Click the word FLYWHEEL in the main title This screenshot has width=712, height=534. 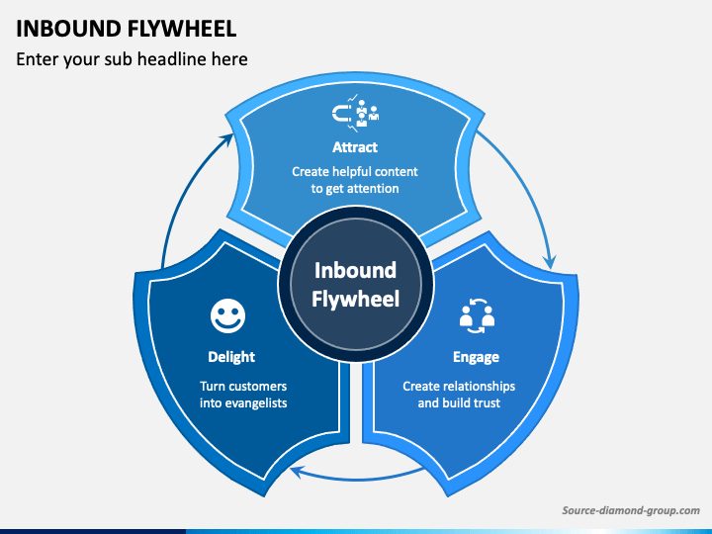[182, 29]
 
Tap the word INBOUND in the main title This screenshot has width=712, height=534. [68, 29]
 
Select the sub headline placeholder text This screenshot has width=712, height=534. [132, 59]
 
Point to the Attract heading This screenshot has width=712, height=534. [355, 147]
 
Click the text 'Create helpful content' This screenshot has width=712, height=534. [355, 172]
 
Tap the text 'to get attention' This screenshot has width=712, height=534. [355, 189]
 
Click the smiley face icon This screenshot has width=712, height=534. [228, 315]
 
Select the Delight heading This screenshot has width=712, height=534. [231, 357]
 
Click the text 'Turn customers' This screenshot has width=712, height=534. [243, 387]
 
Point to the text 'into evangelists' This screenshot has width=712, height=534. [243, 403]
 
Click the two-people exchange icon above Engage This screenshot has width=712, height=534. [477, 316]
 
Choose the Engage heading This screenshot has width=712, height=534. [477, 357]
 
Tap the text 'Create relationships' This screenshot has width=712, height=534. [459, 387]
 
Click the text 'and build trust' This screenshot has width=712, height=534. [459, 403]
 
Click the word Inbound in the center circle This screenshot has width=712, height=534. [356, 270]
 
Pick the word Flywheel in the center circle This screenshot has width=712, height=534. [356, 300]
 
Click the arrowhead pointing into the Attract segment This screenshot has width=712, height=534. [228, 138]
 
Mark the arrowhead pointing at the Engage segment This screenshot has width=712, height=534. [550, 262]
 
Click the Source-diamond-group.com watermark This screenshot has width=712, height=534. [631, 511]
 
